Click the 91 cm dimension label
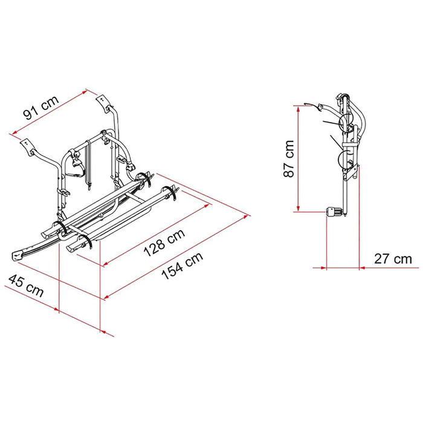tap(41, 107)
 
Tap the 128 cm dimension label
tap(164, 243)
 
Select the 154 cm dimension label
tap(182, 266)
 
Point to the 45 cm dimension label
tap(26, 286)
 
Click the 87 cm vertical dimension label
tap(289, 158)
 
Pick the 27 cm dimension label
tap(393, 259)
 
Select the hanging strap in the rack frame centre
tap(88, 164)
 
